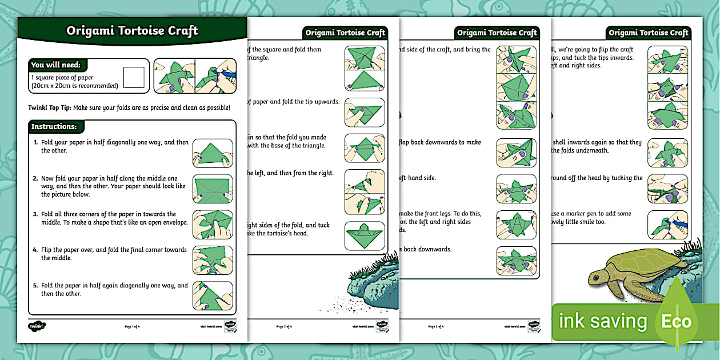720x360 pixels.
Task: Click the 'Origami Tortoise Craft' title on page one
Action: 132,31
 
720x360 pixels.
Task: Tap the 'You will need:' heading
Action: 56,65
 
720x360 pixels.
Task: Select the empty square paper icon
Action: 134,77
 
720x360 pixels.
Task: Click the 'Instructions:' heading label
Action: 54,126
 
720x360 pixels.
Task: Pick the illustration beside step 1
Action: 213,153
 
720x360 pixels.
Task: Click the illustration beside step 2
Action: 213,189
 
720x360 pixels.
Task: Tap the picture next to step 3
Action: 213,225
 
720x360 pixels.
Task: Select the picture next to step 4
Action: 213,260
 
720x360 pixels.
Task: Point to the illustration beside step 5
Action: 213,296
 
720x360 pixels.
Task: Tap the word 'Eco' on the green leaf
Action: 676,321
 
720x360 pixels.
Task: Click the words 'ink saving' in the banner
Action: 602,321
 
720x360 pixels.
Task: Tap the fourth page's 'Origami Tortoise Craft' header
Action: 648,33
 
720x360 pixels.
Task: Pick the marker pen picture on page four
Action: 667,225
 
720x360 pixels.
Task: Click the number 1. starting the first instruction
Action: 35,142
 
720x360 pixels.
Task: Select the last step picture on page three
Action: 516,260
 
